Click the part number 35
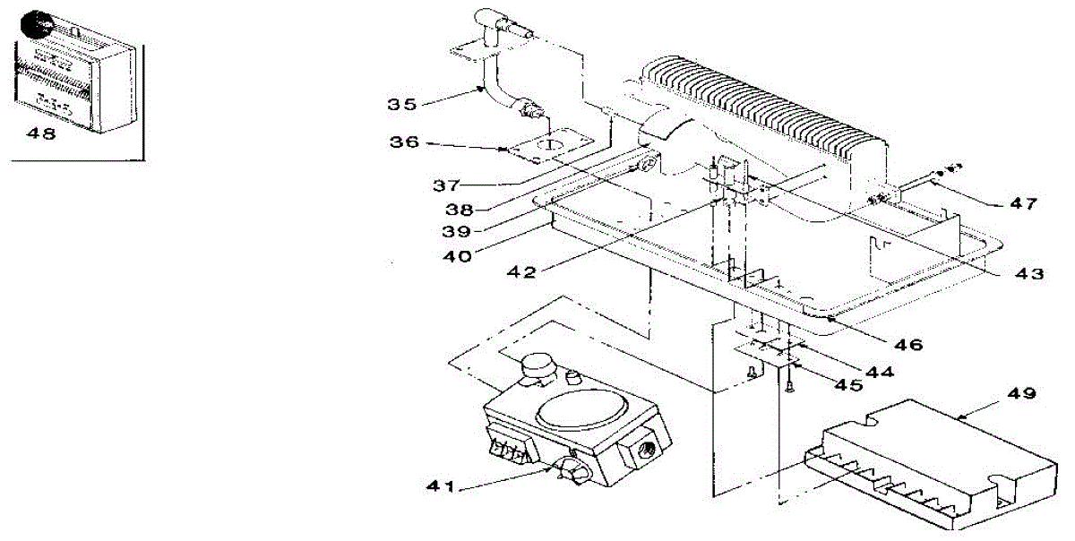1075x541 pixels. [402, 104]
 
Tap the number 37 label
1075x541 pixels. [444, 186]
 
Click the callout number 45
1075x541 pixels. [847, 385]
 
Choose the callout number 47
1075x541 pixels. [1020, 204]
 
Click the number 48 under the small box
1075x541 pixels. [41, 134]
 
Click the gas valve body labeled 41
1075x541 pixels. [573, 430]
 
